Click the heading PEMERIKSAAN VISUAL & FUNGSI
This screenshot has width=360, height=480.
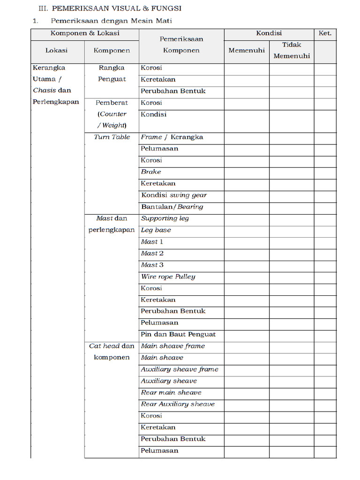pos(116,8)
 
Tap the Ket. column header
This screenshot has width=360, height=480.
pos(325,33)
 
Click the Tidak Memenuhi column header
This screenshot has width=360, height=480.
pos(292,50)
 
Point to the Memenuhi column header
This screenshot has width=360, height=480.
pos(247,50)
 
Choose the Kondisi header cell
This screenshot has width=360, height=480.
pos(269,33)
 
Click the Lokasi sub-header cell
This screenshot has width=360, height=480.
pos(57,50)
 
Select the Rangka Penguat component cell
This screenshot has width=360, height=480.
pos(112,74)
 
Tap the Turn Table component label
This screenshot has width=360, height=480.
pos(112,137)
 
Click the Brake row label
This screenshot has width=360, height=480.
pos(151,172)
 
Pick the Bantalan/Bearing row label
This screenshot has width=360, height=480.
pos(172,207)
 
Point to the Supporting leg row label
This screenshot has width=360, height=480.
pos(165,218)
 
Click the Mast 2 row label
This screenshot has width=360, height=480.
pos(152,253)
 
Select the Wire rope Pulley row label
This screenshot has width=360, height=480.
pos(168,277)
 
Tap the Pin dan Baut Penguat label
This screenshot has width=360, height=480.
pos(178,334)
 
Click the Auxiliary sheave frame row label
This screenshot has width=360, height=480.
pos(180,369)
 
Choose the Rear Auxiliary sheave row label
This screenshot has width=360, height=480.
pos(178,404)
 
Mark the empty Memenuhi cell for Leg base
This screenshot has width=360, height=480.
pos(247,230)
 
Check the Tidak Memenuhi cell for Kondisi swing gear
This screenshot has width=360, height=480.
pos(292,195)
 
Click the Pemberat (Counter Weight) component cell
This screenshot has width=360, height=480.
pos(112,114)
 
